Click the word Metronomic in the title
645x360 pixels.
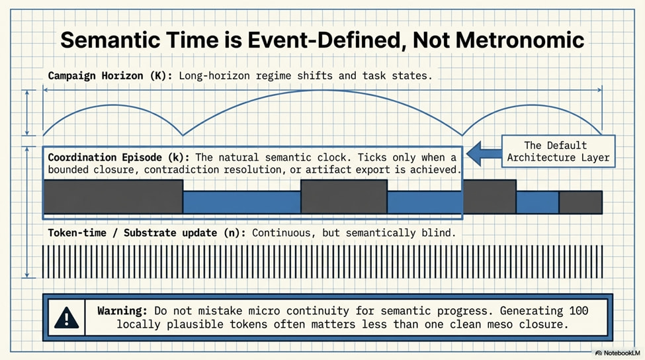(520, 40)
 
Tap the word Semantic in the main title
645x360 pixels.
(109, 40)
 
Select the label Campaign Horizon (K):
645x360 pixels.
(110, 75)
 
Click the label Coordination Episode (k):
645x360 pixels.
(118, 157)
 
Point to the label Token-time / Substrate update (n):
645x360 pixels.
(147, 233)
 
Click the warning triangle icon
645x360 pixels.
(66, 318)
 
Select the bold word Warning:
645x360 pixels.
(122, 310)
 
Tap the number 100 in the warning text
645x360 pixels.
(579, 310)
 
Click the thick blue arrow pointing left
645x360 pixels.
(484, 154)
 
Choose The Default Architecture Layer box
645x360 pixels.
(558, 151)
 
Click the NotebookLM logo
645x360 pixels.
(618, 353)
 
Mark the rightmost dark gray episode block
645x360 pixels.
(580, 202)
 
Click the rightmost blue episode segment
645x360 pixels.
(537, 202)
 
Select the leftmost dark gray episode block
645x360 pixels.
(113, 197)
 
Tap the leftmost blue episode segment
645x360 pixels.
(242, 202)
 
